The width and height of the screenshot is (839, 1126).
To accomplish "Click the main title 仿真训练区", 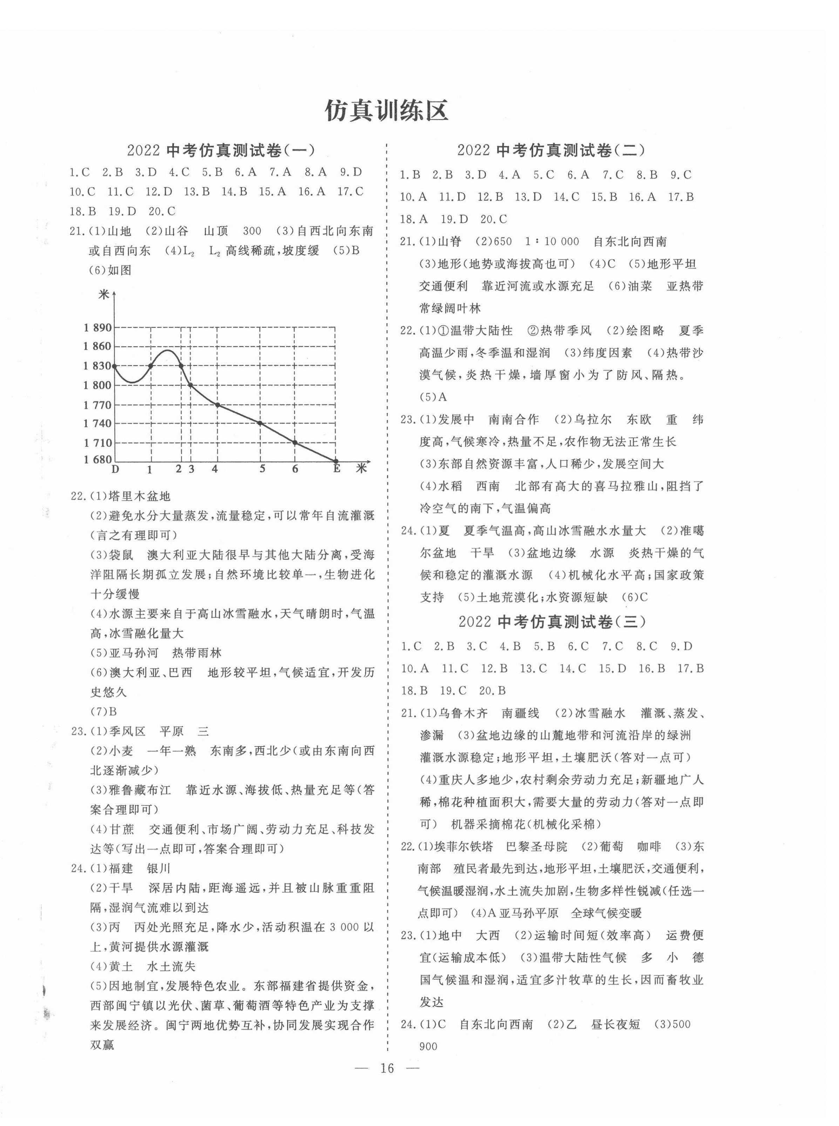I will click(x=386, y=111).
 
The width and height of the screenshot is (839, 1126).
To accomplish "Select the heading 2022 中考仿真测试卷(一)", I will click(x=221, y=151).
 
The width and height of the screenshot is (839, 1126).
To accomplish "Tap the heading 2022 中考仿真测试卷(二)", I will click(x=551, y=151).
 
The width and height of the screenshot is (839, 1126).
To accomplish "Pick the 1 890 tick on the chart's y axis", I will click(x=97, y=328).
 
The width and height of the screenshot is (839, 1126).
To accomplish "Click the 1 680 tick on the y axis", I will click(x=97, y=459).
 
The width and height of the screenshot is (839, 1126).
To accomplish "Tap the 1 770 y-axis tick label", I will click(x=97, y=405).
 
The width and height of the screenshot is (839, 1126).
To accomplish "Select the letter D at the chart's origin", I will click(x=116, y=469).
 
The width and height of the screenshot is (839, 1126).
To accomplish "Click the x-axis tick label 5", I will click(x=262, y=469).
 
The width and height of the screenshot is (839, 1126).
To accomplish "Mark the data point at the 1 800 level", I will click(x=190, y=385).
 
